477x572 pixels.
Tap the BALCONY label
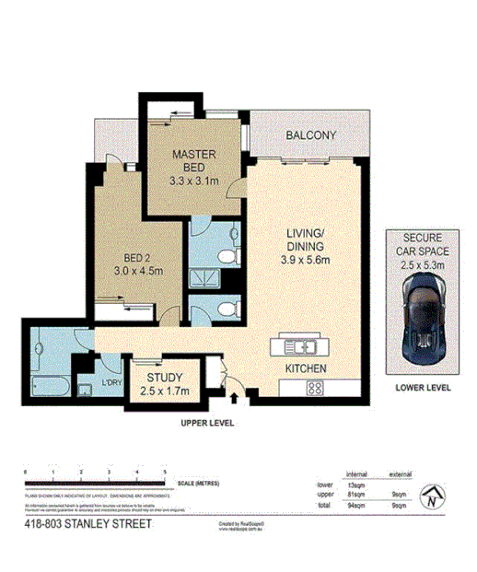(310, 135)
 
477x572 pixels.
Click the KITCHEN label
(307, 369)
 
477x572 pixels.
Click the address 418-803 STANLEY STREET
(88, 524)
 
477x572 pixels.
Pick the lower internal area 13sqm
(355, 484)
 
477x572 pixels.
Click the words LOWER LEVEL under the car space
(423, 388)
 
